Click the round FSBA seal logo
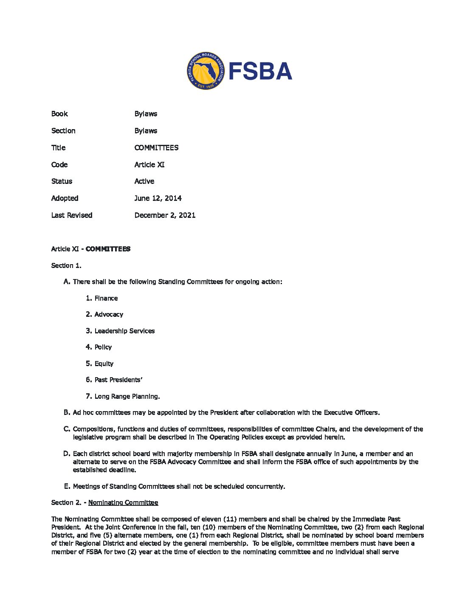pyautogui.click(x=205, y=71)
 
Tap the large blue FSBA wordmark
pyautogui.click(x=260, y=71)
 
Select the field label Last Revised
pyautogui.click(x=71, y=215)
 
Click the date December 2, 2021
pyautogui.click(x=165, y=215)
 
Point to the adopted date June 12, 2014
pyautogui.click(x=158, y=198)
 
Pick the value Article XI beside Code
pyautogui.click(x=149, y=165)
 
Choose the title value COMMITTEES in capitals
pyautogui.click(x=156, y=148)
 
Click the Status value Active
pyautogui.click(x=144, y=181)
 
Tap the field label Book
pyautogui.click(x=59, y=114)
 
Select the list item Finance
pyautogui.click(x=106, y=299)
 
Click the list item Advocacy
pyautogui.click(x=109, y=315)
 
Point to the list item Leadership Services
pyautogui.click(x=124, y=331)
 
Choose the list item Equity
pyautogui.click(x=104, y=364)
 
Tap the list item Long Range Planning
pyautogui.click(x=127, y=397)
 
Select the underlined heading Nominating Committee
pyautogui.click(x=123, y=503)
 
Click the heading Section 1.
pyautogui.click(x=66, y=266)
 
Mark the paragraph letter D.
pyautogui.click(x=66, y=454)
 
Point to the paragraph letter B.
pyautogui.click(x=66, y=412)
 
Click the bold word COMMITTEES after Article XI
pyautogui.click(x=108, y=249)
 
